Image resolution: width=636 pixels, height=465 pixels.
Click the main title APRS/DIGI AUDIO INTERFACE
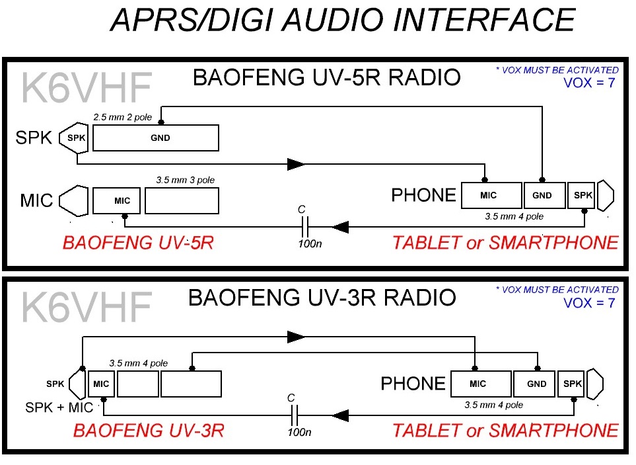coord(341,21)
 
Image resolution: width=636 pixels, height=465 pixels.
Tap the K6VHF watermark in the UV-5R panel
coord(87,87)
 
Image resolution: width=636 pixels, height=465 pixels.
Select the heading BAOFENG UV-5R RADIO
coord(326,78)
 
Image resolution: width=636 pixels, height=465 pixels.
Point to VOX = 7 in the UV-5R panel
coord(589,83)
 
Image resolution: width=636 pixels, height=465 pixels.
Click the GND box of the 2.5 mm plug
coord(160,138)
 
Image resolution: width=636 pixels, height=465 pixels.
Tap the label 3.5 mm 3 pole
coord(185,179)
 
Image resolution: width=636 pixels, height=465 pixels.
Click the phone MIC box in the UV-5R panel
coord(488,195)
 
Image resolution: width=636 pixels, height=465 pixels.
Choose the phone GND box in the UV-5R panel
coord(545,195)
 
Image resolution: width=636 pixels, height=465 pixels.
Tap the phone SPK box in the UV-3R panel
coord(572,384)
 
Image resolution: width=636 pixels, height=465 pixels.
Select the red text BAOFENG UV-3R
coord(149,431)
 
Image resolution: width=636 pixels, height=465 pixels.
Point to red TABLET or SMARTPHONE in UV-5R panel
coord(505,243)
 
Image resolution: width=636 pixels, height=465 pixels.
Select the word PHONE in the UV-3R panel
coord(413,384)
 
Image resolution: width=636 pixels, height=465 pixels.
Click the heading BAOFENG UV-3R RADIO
coord(322,298)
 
